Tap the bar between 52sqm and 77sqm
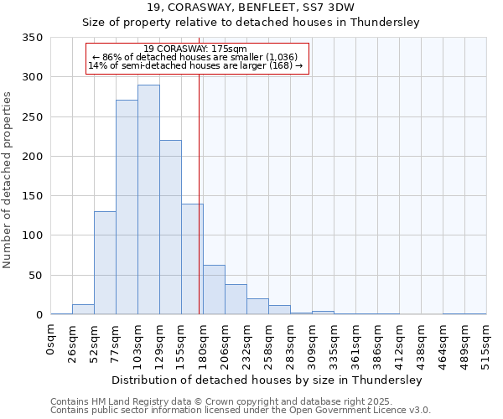105,263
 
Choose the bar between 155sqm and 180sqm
192,259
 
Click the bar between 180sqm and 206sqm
214,290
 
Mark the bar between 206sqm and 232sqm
236,300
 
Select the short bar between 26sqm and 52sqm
83,309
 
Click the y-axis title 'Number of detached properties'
8,181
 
